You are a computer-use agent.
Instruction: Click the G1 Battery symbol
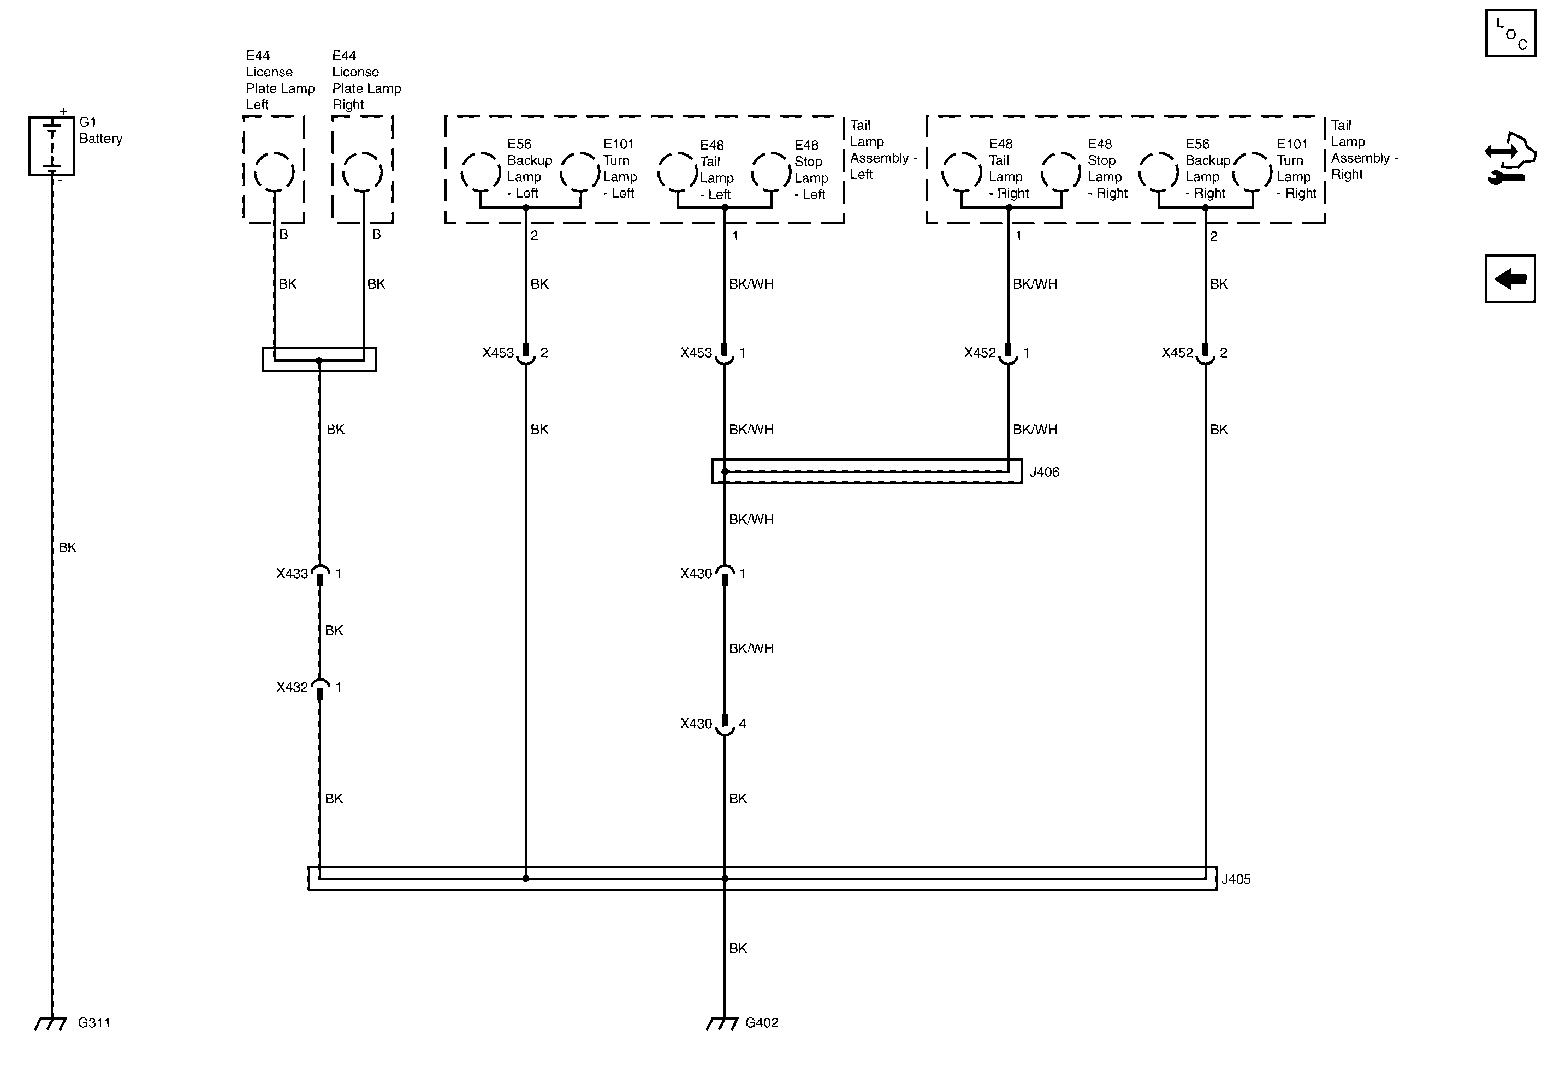tap(51, 146)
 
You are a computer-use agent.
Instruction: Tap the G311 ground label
tap(94, 1022)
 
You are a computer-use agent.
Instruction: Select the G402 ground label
tap(761, 1022)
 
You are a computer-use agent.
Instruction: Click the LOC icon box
tap(1510, 34)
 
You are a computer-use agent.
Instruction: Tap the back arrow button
tap(1510, 278)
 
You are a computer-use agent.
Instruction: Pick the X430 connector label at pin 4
tap(695, 723)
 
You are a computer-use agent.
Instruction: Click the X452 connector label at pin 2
tap(1177, 353)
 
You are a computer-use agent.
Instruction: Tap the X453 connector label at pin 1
tap(695, 353)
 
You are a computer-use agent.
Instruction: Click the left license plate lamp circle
tap(274, 172)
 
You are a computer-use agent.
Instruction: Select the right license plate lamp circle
tap(362, 172)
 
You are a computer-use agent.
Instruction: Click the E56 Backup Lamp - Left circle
tap(481, 171)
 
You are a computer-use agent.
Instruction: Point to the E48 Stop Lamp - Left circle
tap(772, 171)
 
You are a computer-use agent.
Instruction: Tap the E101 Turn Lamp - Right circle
tap(1252, 171)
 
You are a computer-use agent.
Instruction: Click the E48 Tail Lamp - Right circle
tap(962, 171)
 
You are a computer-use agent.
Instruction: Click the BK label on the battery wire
tap(67, 547)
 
